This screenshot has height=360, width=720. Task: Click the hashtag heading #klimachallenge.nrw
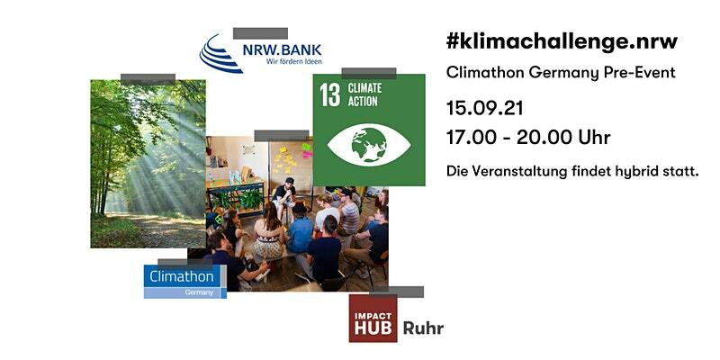[x=562, y=42]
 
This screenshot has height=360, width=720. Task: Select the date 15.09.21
[x=484, y=109]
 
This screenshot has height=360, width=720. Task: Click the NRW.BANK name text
[x=282, y=49]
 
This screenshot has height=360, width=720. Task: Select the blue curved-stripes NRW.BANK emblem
[x=220, y=53]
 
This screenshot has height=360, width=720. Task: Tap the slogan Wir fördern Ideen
[x=294, y=61]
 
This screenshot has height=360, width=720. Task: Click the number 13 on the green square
[x=330, y=94]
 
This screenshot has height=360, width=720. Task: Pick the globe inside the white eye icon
[x=369, y=145]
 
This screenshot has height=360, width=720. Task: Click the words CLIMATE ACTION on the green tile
[x=364, y=94]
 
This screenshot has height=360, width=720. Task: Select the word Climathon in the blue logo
[x=182, y=277]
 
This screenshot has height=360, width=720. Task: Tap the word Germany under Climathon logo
[x=199, y=292]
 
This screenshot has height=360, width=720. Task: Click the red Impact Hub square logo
[x=373, y=319]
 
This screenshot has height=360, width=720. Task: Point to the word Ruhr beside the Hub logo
[x=423, y=328]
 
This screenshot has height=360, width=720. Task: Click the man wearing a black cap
[x=284, y=194]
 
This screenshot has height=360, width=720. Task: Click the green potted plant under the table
[x=250, y=200]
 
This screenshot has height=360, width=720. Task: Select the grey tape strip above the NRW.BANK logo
[x=260, y=33]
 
